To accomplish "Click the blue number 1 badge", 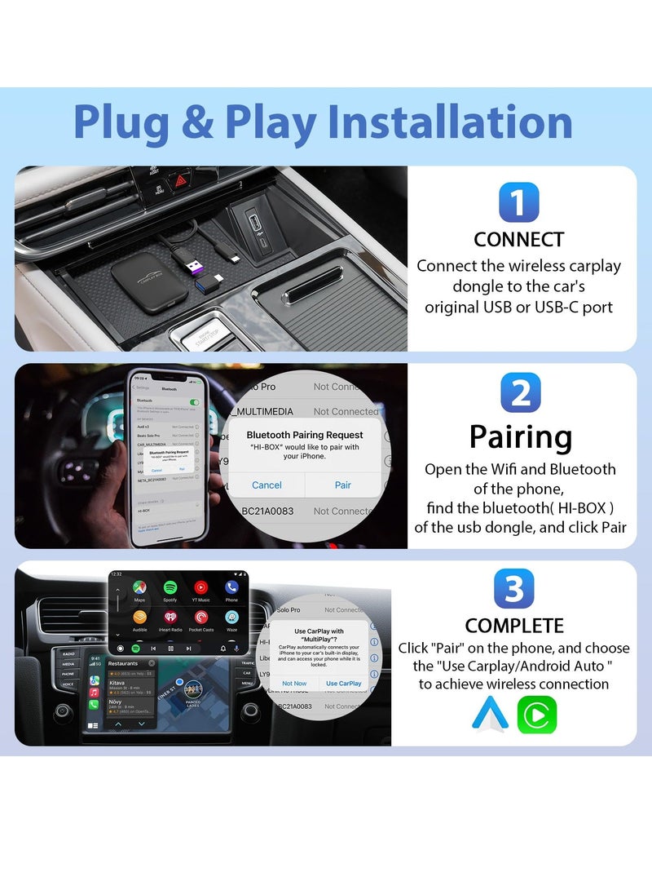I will coord(518,202).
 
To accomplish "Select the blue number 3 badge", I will coord(514,589).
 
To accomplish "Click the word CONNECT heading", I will coord(519,240).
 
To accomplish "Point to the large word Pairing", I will coord(520,437).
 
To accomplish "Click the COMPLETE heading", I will coord(514,626).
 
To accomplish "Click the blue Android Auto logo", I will coord(490,715).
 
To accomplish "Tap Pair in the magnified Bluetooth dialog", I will coord(343,485).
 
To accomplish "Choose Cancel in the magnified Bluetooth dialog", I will coord(267,485).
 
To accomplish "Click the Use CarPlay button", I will coord(343,684).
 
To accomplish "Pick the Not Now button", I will coord(294,684).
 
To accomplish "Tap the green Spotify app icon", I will coord(170,587).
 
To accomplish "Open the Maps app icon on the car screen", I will coord(140,587).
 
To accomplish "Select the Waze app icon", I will coord(231,618).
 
